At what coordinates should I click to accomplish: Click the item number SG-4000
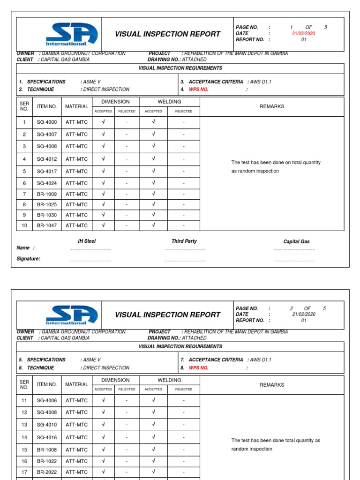[x=46, y=122]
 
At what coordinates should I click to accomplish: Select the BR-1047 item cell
[x=46, y=225]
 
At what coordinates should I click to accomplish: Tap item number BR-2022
[x=46, y=472]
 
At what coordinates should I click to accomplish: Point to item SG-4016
[x=46, y=437]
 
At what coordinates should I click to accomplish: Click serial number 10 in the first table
[x=24, y=225]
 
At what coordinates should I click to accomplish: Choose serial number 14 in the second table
[x=24, y=437]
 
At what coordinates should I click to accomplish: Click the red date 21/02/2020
[x=304, y=34]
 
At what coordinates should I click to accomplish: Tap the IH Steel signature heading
[x=86, y=241]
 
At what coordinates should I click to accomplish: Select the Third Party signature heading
[x=184, y=241]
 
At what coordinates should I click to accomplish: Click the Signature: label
[x=29, y=259]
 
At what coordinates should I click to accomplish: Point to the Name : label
[x=25, y=248]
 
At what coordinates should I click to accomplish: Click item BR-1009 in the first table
[x=46, y=194]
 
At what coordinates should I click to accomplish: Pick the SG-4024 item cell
[x=46, y=183]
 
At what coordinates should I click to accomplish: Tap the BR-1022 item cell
[x=46, y=461]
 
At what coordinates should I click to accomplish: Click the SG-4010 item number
[x=46, y=425]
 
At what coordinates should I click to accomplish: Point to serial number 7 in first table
[x=24, y=194]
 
